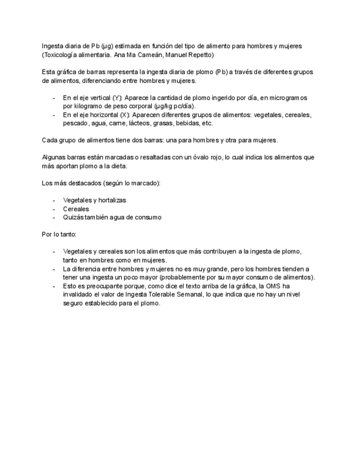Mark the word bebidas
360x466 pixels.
click(198, 124)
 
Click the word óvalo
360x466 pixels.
click(195, 157)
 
